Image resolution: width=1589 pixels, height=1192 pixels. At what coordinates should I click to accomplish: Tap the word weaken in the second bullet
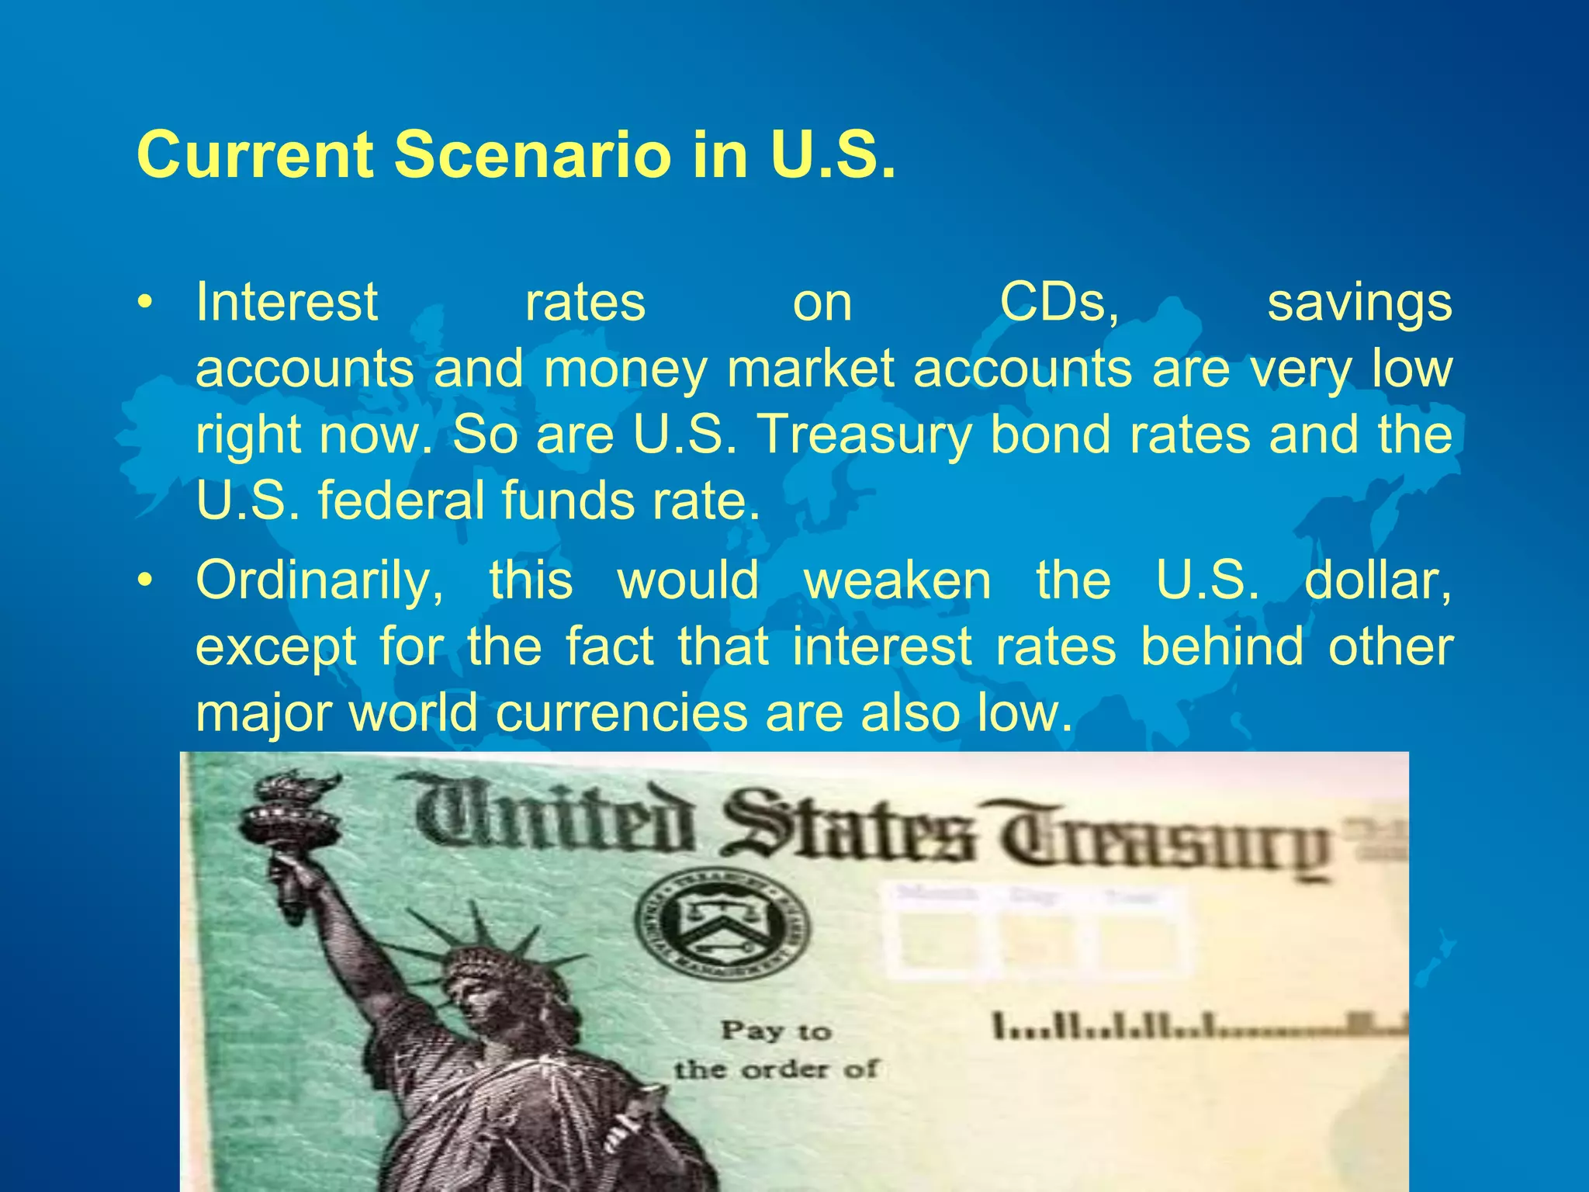coord(897,580)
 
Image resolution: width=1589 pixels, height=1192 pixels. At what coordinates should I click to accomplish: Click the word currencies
coord(621,712)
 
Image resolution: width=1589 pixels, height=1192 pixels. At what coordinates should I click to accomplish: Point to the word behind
coord(1222,646)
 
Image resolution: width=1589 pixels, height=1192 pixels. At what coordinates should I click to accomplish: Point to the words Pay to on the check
coord(776,1031)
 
